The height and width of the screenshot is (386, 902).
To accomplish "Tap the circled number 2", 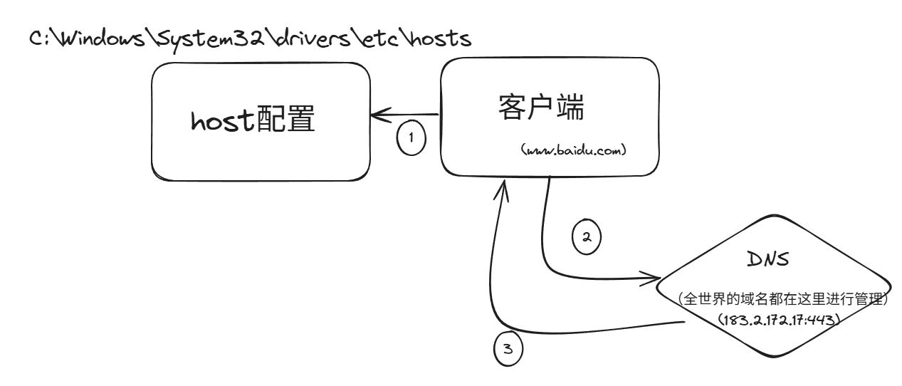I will pyautogui.click(x=587, y=237).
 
